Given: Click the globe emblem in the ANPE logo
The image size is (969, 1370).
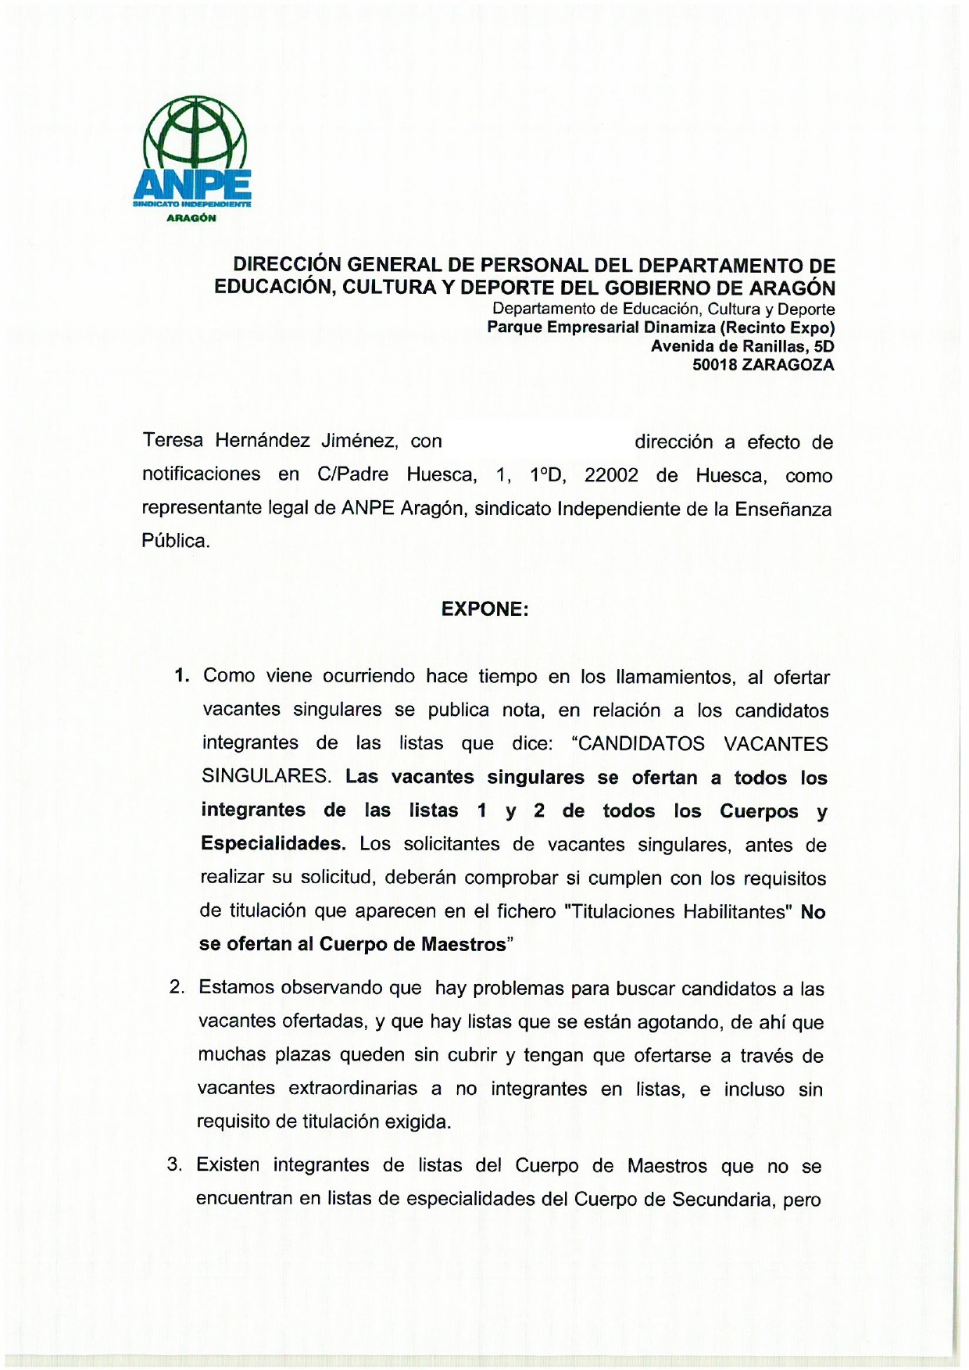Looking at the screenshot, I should click(x=195, y=137).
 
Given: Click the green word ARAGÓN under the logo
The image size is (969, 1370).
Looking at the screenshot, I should click(x=191, y=218).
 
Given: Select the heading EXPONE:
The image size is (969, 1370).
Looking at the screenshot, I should click(x=484, y=610).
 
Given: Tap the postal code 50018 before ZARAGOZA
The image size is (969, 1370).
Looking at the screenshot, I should click(x=714, y=365).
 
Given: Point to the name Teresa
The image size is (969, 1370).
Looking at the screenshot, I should click(x=173, y=441).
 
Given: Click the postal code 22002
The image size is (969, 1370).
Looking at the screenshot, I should click(x=611, y=475).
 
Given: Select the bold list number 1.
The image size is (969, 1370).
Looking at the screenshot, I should click(x=181, y=676).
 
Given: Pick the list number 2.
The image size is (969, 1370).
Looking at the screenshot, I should click(x=177, y=987).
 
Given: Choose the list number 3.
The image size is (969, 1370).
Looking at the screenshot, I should click(x=174, y=1165).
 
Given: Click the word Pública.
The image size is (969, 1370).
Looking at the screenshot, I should click(x=176, y=541).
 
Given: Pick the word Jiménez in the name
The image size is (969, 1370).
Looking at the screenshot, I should click(x=360, y=441).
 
